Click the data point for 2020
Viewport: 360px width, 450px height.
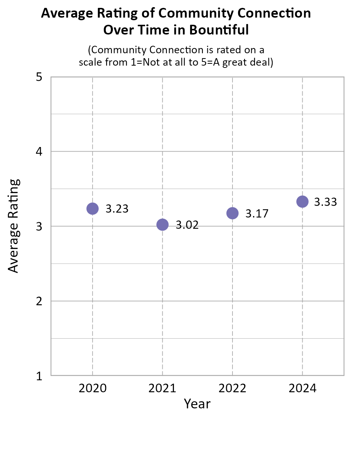tap(92, 208)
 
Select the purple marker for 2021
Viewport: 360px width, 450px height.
tap(162, 225)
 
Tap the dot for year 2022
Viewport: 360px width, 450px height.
tap(232, 213)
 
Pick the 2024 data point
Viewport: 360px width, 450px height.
tap(302, 201)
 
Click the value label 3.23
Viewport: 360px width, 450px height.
tap(117, 209)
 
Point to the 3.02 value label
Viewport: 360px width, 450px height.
tap(187, 225)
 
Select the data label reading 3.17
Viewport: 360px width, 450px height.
tap(257, 214)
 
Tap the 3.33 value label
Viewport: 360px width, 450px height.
tap(325, 202)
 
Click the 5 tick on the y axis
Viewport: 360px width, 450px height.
tap(38, 77)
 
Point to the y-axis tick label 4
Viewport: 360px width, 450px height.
tap(38, 152)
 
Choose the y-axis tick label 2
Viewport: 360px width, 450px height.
tap(38, 301)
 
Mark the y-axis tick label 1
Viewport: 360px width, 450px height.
tap(38, 376)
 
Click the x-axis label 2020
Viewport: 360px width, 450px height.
tap(92, 388)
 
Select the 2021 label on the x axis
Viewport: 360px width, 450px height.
tap(162, 388)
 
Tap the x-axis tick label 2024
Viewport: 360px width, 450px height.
tap(302, 388)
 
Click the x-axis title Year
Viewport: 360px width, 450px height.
tap(197, 404)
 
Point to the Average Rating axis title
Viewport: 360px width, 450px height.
tap(13, 226)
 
